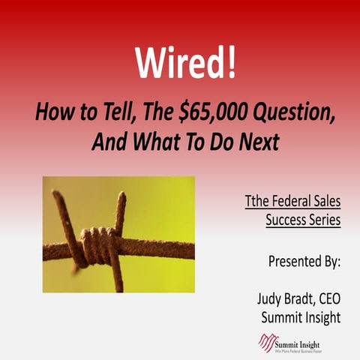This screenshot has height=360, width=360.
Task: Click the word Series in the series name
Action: pyautogui.click(x=325, y=220)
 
